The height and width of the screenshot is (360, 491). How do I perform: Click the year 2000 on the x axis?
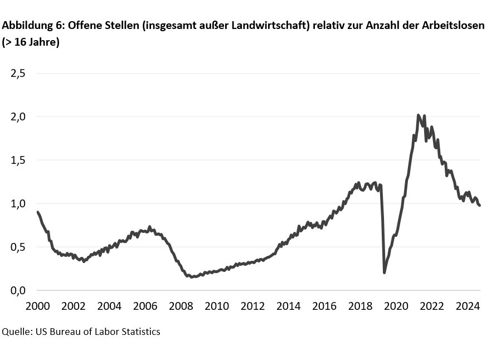37,306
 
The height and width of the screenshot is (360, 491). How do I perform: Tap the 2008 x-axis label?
181,306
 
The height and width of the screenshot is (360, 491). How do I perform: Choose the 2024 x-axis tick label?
468,306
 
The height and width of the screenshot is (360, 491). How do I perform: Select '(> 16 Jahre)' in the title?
31,42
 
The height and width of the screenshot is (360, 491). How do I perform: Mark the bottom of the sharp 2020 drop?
385,272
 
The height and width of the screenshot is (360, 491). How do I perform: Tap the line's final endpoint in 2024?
479,206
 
